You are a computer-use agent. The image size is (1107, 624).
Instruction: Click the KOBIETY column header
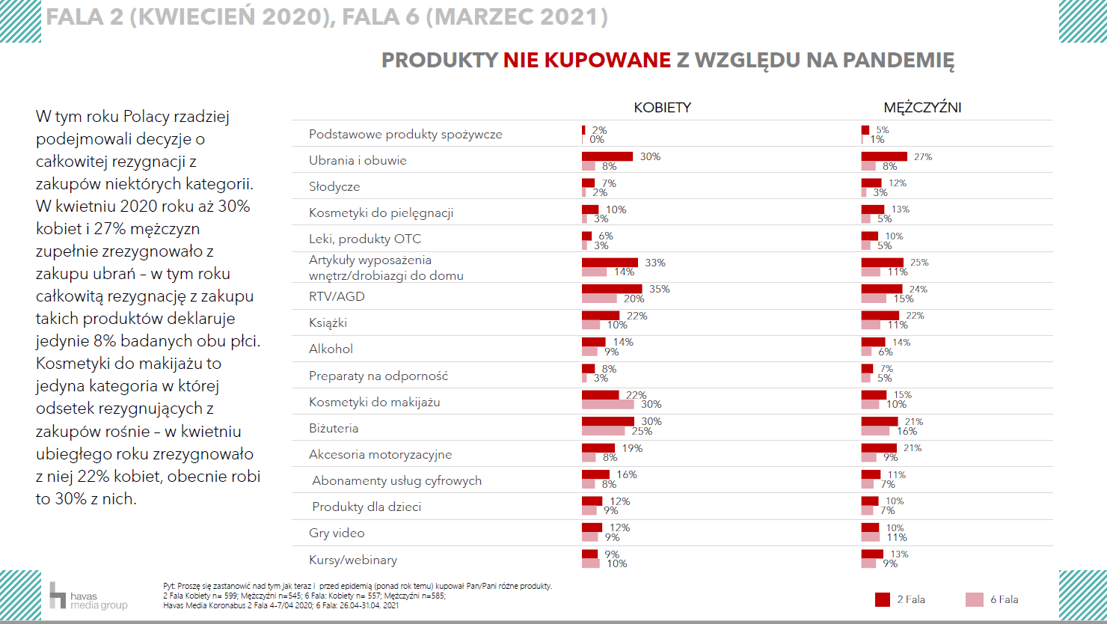(662, 107)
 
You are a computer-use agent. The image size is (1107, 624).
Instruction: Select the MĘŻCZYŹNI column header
(922, 107)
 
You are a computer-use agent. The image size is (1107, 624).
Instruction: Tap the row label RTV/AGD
(337, 296)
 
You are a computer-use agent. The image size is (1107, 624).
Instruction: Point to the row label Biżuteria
(334, 428)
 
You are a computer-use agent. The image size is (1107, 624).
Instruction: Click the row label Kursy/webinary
(353, 560)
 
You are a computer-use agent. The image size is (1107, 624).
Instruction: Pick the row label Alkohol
(331, 349)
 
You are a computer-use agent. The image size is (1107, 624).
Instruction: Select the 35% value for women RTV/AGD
(659, 290)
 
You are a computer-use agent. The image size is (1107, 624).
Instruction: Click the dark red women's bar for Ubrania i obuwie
(607, 156)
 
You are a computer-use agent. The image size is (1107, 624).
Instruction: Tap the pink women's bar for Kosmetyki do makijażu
(607, 405)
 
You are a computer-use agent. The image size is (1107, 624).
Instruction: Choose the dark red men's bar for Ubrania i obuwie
(884, 156)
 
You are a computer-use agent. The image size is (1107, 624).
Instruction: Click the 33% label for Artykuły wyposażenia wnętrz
(655, 263)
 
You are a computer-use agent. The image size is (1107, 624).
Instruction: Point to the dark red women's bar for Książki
(601, 316)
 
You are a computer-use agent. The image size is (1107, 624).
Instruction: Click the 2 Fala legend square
(883, 599)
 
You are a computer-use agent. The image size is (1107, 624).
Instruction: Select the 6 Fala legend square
(975, 599)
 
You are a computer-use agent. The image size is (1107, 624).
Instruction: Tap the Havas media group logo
(88, 596)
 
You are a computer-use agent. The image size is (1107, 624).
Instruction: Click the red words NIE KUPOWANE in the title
(586, 61)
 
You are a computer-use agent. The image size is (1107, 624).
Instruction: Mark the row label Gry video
(337, 533)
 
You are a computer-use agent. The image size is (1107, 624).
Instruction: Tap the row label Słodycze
(334, 186)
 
